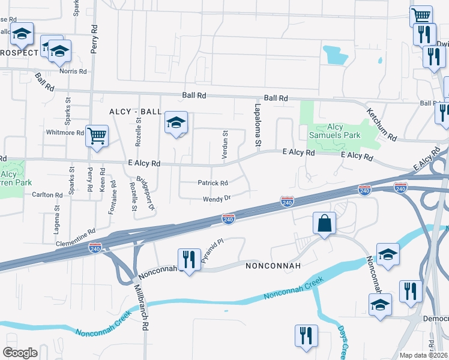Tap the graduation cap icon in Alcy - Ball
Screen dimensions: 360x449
pos(176,122)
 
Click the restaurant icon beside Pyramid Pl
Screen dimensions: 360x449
pos(189,259)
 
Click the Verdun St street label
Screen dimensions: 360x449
pos(225,145)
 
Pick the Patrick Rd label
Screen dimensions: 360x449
pos(213,183)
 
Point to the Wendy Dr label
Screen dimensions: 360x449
pos(217,197)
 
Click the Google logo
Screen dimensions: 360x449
pos(20,353)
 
